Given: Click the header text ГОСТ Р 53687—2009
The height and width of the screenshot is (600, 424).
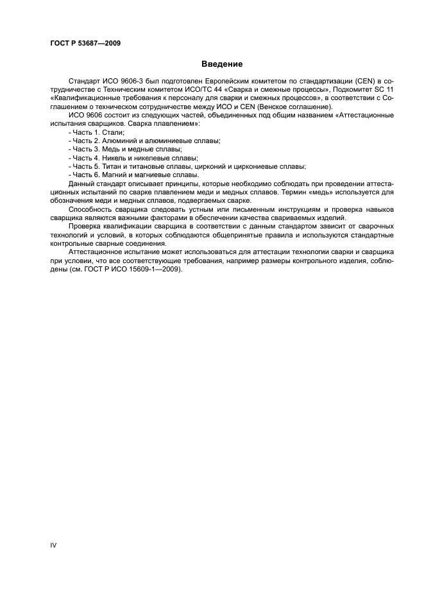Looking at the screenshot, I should click(85, 43).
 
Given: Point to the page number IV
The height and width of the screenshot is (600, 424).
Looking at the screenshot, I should click(53, 544).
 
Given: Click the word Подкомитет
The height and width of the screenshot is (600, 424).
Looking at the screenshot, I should click(347, 89).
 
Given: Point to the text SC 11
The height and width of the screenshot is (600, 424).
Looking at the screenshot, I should click(384, 89).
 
